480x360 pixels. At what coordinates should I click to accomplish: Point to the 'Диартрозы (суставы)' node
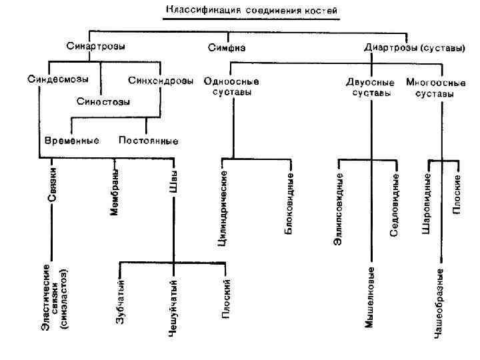pyautogui.click(x=414, y=47)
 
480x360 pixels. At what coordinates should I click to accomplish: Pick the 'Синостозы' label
pyautogui.click(x=103, y=101)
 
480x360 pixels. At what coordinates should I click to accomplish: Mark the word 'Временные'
pyautogui.click(x=71, y=141)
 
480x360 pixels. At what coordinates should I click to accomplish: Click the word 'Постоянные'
pyautogui.click(x=148, y=141)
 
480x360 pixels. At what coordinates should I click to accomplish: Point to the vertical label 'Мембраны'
pyautogui.click(x=114, y=193)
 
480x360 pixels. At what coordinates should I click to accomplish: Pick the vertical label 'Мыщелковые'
pyautogui.click(x=371, y=297)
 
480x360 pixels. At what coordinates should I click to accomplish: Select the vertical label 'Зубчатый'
pyautogui.click(x=121, y=304)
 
